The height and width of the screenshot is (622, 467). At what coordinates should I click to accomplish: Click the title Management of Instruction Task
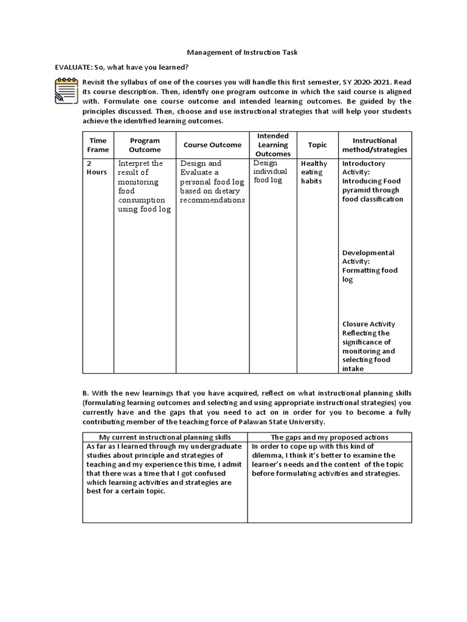tap(233, 53)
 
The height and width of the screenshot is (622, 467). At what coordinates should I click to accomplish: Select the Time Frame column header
tap(98, 145)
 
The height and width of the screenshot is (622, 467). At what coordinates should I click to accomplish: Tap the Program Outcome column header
tap(145, 145)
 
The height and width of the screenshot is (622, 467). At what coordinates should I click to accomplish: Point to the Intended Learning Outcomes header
tap(272, 145)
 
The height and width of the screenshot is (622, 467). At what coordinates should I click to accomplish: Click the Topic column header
tap(317, 145)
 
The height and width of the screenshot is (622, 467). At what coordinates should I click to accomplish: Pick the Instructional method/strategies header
tap(375, 145)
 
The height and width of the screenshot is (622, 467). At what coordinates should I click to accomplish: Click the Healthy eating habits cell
tap(314, 173)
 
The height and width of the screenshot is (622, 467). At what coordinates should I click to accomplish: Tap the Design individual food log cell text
tap(270, 172)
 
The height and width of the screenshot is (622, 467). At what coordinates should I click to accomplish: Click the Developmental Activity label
tap(368, 257)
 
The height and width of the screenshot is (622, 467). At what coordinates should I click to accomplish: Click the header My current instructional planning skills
tap(164, 437)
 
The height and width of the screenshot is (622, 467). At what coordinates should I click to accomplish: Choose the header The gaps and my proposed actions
tap(330, 437)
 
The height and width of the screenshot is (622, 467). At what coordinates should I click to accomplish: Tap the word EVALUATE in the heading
tap(70, 67)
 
